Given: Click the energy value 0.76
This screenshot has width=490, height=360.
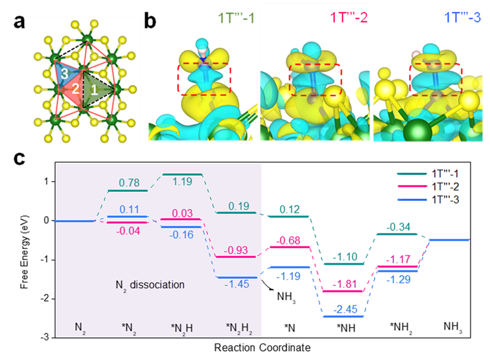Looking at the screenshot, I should [128, 182].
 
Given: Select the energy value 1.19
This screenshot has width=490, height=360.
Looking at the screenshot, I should [182, 182].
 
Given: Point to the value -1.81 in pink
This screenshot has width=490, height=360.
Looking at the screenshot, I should [344, 284].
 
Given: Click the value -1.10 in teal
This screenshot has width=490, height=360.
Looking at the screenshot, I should [344, 257].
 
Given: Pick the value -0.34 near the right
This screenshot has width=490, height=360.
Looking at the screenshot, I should [397, 227].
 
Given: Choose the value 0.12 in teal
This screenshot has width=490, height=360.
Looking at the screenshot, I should [290, 209].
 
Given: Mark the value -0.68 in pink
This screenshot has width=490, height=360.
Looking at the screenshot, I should [288, 241].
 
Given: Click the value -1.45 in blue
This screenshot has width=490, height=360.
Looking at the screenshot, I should [237, 283].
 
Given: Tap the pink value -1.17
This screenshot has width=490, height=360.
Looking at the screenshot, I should [397, 259].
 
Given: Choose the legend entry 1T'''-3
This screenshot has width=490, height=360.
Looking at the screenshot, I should [447, 200].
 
